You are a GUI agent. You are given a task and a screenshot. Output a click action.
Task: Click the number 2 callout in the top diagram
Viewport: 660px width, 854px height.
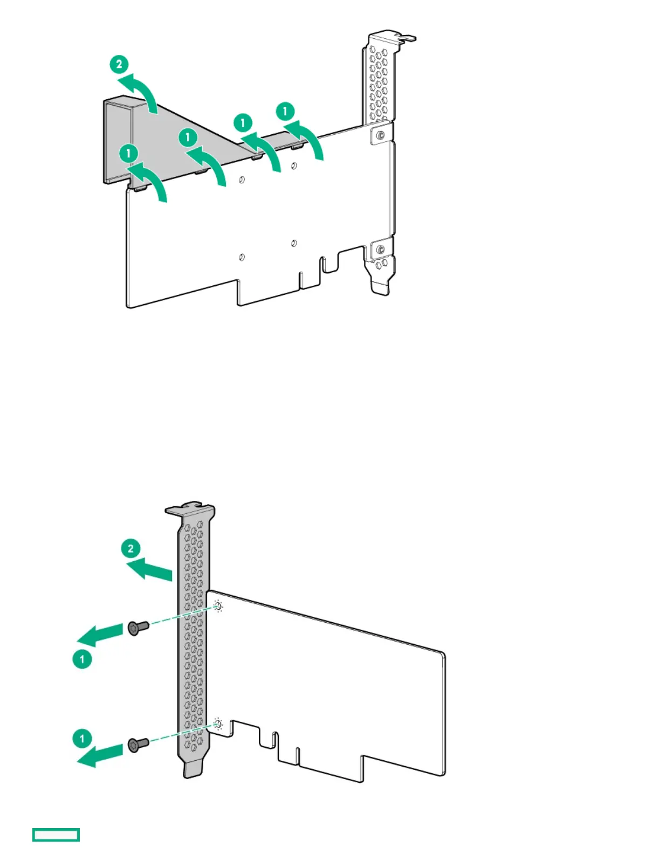119,65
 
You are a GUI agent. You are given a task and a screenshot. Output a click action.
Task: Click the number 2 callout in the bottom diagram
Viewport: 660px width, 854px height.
130,549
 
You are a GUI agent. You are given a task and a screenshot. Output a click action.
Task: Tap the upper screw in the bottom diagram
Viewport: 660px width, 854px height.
139,627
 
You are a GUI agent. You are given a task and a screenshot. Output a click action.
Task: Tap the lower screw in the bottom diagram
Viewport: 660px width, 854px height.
139,745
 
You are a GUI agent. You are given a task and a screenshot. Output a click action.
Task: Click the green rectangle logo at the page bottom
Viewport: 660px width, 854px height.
56,835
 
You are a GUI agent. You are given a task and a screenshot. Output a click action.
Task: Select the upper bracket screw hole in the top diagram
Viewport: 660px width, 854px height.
381,135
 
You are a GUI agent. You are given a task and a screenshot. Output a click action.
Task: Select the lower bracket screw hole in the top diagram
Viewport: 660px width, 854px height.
381,249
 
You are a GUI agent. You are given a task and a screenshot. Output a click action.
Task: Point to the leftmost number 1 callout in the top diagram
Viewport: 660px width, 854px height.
128,154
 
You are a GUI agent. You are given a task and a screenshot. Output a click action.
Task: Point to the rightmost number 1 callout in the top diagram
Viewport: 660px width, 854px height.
285,112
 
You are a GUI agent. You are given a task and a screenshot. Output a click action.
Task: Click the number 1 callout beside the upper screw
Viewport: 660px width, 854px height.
82,659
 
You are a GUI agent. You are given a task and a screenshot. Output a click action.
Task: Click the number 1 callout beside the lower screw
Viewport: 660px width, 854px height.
82,738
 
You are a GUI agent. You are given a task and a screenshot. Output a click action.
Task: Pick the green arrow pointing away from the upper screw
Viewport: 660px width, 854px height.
100,635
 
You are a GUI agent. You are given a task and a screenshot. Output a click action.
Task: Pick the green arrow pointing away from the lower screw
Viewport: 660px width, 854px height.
100,754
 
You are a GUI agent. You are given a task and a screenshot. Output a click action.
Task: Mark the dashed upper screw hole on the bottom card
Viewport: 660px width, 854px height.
218,607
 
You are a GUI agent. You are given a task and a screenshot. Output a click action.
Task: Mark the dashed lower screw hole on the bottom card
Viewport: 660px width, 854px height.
218,724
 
